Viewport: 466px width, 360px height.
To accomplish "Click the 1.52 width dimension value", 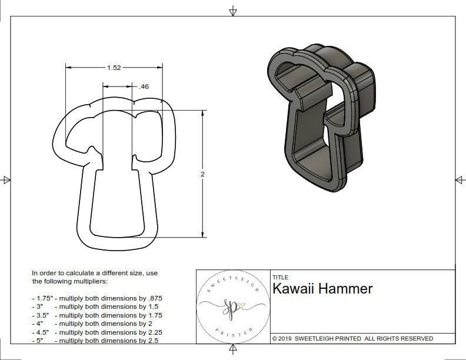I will pyautogui.click(x=114, y=68).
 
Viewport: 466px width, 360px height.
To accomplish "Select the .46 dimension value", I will pyautogui.click(x=142, y=86).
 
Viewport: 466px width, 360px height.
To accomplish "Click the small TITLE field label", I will pyautogui.click(x=280, y=278).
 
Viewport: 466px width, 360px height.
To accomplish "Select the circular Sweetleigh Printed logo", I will pyautogui.click(x=233, y=306).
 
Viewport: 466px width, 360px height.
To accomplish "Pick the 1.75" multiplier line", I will pyautogui.click(x=97, y=298).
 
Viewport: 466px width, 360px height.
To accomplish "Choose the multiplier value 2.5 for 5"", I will pyautogui.click(x=155, y=340).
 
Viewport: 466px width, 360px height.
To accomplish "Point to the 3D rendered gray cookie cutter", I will pyautogui.click(x=320, y=118).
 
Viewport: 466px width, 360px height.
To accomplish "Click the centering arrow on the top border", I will pyautogui.click(x=233, y=11).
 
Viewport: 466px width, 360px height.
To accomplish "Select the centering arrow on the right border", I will pyautogui.click(x=460, y=179).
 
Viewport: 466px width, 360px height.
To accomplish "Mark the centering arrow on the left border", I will pyautogui.click(x=6, y=179).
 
